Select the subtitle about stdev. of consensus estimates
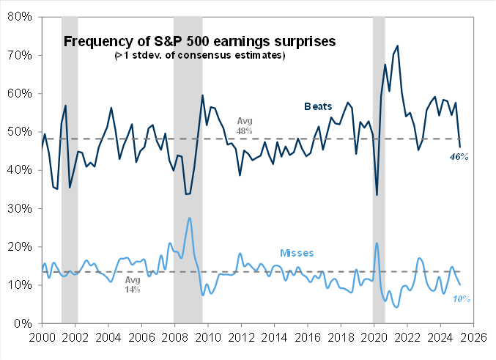pos(199,56)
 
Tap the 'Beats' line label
pos(319,106)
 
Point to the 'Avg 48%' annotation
pos(244,125)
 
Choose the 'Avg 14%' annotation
pos(131,284)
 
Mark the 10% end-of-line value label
pos(460,298)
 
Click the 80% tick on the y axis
pos(20,17)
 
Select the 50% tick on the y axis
pos(20,132)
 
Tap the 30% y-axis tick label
pos(20,208)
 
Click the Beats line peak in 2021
pos(397,45)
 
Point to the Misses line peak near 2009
pos(190,218)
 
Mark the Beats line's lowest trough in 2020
pos(377,194)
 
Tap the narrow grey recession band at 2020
pos(379,169)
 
